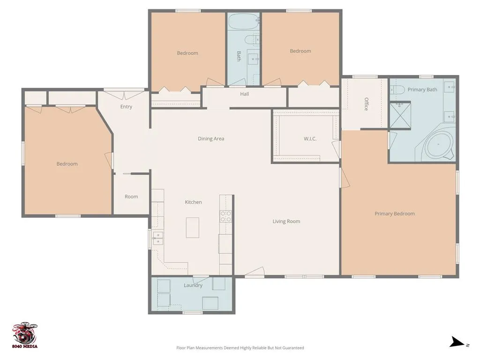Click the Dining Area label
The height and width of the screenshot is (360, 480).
click(x=211, y=139)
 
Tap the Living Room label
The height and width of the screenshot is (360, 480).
click(x=286, y=221)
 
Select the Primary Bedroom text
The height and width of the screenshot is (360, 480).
click(x=395, y=214)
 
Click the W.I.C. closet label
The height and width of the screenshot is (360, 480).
click(x=310, y=139)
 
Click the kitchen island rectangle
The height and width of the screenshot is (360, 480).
click(x=193, y=227)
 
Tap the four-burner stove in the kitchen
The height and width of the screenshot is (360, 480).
click(x=226, y=216)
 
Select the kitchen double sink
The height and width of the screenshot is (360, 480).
click(x=158, y=239)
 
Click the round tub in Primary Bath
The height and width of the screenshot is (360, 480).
click(x=438, y=144)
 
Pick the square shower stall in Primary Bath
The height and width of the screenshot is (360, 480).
click(x=400, y=115)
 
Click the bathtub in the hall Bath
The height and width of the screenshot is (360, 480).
click(x=244, y=22)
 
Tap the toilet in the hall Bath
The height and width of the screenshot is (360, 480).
click(x=253, y=40)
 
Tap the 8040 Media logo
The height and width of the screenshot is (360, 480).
click(x=25, y=336)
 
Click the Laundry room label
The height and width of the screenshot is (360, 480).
click(x=193, y=285)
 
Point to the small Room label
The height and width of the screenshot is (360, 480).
click(x=131, y=196)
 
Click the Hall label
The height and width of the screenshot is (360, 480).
click(x=244, y=94)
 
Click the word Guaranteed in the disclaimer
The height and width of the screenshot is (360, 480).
click(x=293, y=348)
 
